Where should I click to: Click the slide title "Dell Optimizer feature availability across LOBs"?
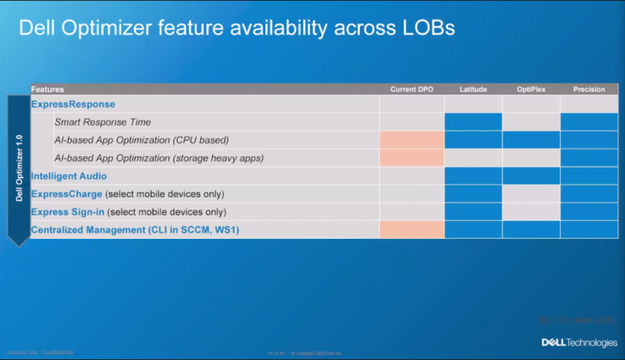[x=236, y=28]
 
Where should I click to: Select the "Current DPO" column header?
[x=412, y=89]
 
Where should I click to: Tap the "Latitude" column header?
[x=473, y=89]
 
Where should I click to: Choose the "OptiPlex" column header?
[x=531, y=89]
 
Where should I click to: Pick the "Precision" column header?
[x=589, y=89]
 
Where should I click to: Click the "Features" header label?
[x=48, y=89]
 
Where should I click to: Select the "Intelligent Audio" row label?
[x=69, y=175]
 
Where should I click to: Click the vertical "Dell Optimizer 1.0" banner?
[x=19, y=168]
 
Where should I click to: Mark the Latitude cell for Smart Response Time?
[x=473, y=122]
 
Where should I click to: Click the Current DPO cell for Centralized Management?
[x=412, y=229]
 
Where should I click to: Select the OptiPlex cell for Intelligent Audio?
[x=531, y=175]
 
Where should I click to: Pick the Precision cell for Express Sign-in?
[x=589, y=211]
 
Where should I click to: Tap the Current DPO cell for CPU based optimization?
[x=412, y=139]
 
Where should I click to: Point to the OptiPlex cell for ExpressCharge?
[x=531, y=193]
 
